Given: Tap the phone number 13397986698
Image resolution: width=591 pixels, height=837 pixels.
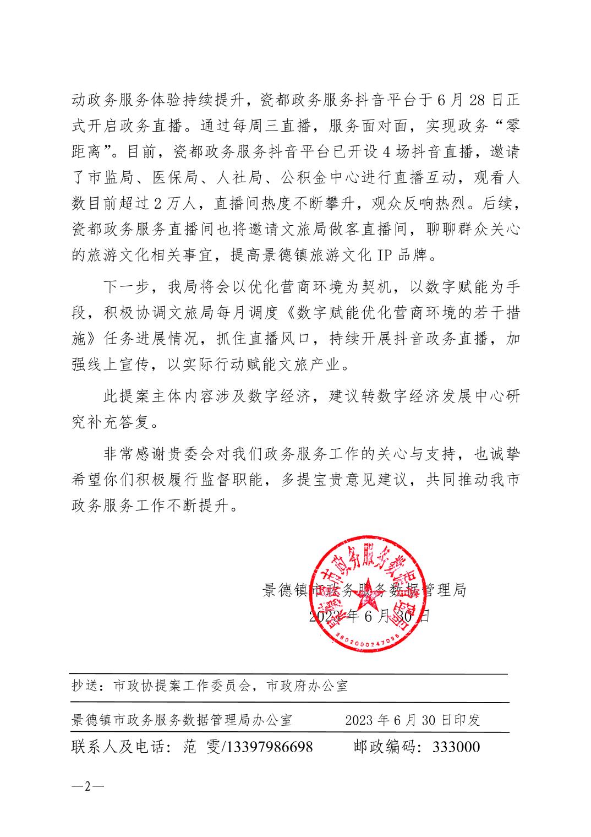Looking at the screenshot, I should tap(269, 747).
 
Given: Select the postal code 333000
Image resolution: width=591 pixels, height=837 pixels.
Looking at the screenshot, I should tap(456, 747).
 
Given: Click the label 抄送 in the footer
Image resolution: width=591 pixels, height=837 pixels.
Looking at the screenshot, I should tap(85, 686).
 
